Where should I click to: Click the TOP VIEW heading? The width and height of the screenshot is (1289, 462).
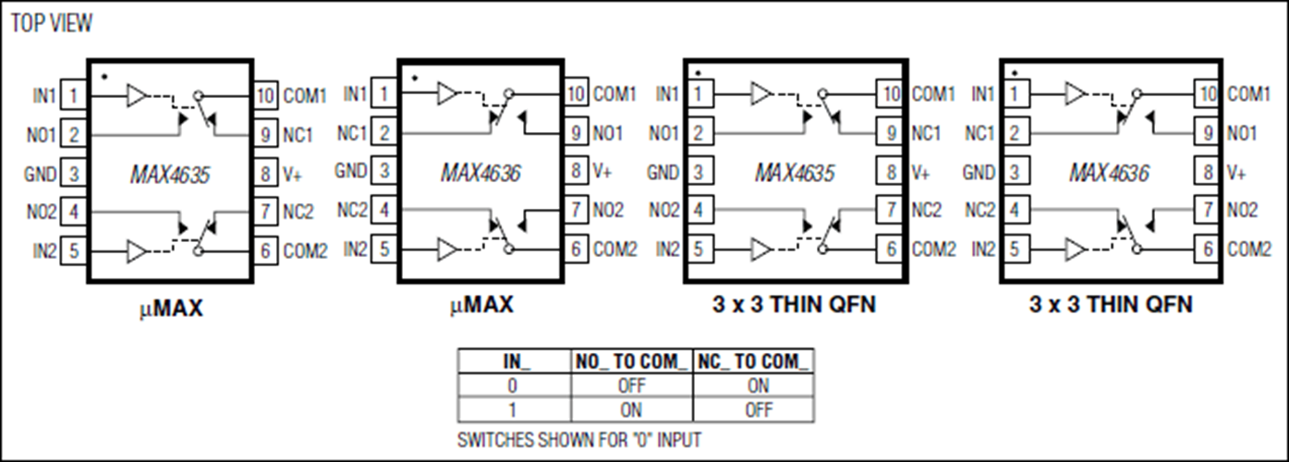(52, 24)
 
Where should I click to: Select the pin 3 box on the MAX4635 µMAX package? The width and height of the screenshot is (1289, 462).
(73, 173)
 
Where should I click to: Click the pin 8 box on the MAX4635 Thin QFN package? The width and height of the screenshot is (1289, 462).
(892, 173)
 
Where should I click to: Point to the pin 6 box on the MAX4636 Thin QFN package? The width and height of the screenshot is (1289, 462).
(1208, 249)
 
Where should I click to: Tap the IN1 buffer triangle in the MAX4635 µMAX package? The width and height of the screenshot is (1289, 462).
(137, 94)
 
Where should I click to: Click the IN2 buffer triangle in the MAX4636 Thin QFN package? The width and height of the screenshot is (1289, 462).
(1076, 249)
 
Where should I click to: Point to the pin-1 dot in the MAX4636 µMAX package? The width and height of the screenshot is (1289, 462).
(415, 78)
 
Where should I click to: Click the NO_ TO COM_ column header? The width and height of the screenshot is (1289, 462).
(630, 362)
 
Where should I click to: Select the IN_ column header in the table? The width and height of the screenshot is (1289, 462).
(515, 362)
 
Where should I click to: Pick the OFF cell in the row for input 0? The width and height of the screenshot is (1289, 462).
(630, 386)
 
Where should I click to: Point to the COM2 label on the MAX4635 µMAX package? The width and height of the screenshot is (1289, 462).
(306, 250)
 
